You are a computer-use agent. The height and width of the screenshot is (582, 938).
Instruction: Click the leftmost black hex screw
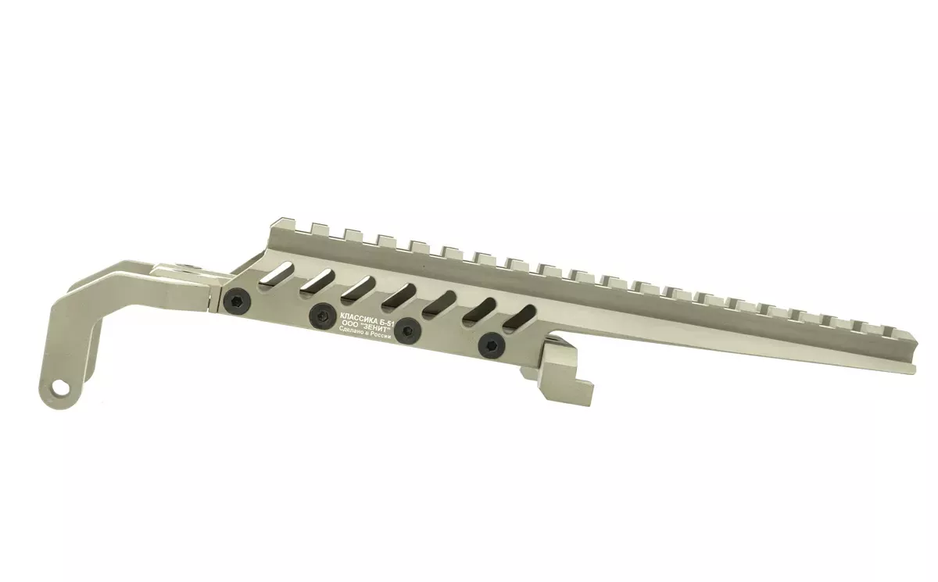click(x=237, y=299)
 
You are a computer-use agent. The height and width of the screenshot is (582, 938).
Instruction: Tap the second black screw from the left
click(x=322, y=316)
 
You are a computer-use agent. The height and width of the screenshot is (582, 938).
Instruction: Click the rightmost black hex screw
click(x=492, y=345)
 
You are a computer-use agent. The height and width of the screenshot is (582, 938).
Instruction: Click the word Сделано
click(x=351, y=331)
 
